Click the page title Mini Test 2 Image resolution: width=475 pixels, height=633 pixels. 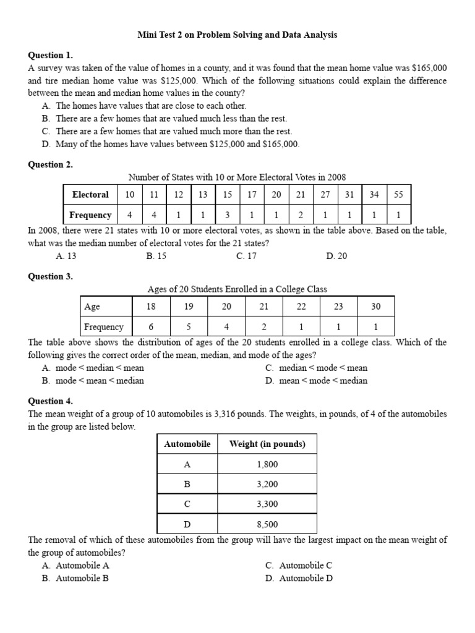click(237, 35)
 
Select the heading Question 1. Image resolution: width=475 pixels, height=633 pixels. click(50, 55)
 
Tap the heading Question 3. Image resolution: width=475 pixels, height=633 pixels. click(50, 276)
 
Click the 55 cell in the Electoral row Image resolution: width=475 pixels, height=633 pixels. click(398, 194)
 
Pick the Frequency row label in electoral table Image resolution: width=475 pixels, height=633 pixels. click(90, 215)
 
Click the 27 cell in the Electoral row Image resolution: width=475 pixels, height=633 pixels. click(325, 194)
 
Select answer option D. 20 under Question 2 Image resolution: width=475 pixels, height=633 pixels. click(336, 256)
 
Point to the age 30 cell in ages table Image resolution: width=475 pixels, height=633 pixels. click(375, 306)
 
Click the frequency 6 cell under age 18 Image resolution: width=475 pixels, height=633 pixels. click(151, 327)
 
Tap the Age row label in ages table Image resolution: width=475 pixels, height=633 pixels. click(92, 306)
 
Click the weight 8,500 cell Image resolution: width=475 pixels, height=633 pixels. click(267, 524)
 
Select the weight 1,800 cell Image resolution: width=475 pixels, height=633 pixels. click(267, 464)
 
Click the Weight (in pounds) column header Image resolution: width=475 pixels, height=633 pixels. click(267, 444)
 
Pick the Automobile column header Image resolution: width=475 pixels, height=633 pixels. click(187, 444)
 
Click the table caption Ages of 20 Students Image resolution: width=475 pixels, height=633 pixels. click(237, 289)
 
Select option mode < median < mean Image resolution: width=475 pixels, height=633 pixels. click(93, 368)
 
